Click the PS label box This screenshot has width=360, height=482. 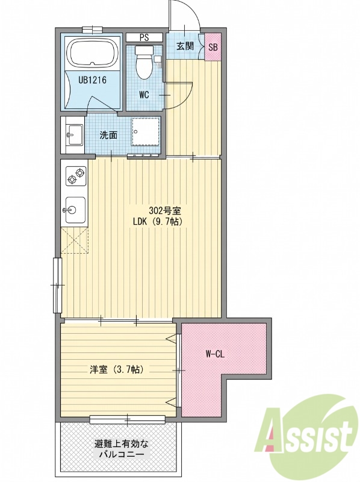(x=144, y=37)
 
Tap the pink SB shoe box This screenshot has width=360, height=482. (x=213, y=47)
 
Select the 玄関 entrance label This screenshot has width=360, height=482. (x=185, y=46)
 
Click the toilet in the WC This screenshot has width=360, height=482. (x=144, y=62)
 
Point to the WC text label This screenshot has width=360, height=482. (x=144, y=95)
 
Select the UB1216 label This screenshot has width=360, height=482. (x=92, y=81)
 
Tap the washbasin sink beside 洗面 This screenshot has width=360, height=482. (x=74, y=134)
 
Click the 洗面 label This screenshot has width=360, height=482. (x=108, y=135)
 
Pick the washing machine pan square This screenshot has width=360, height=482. (x=146, y=131)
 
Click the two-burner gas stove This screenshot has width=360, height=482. (x=76, y=175)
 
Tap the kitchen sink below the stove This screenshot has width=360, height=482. (x=75, y=210)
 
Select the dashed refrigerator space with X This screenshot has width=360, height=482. (x=74, y=240)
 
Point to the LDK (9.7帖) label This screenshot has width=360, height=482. (x=158, y=222)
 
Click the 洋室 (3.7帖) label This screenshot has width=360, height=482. (x=117, y=369)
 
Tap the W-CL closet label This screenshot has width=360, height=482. (x=215, y=354)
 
